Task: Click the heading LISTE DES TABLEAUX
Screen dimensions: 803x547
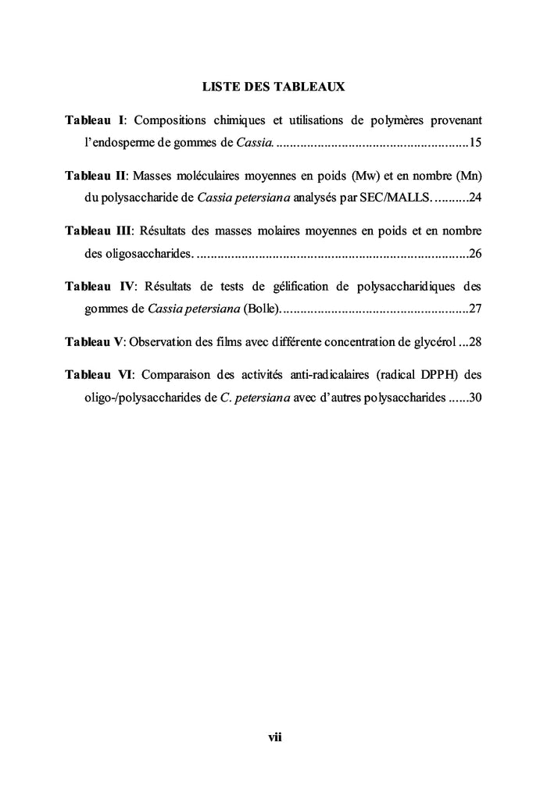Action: tap(273, 87)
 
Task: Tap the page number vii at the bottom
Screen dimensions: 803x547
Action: tap(274, 737)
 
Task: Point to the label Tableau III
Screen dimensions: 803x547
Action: tap(98, 231)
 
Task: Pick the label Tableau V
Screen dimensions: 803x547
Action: tap(95, 341)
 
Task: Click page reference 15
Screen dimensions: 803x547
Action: tap(475, 143)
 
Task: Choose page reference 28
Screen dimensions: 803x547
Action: tap(475, 341)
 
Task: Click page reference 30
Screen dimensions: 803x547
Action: tap(475, 397)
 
